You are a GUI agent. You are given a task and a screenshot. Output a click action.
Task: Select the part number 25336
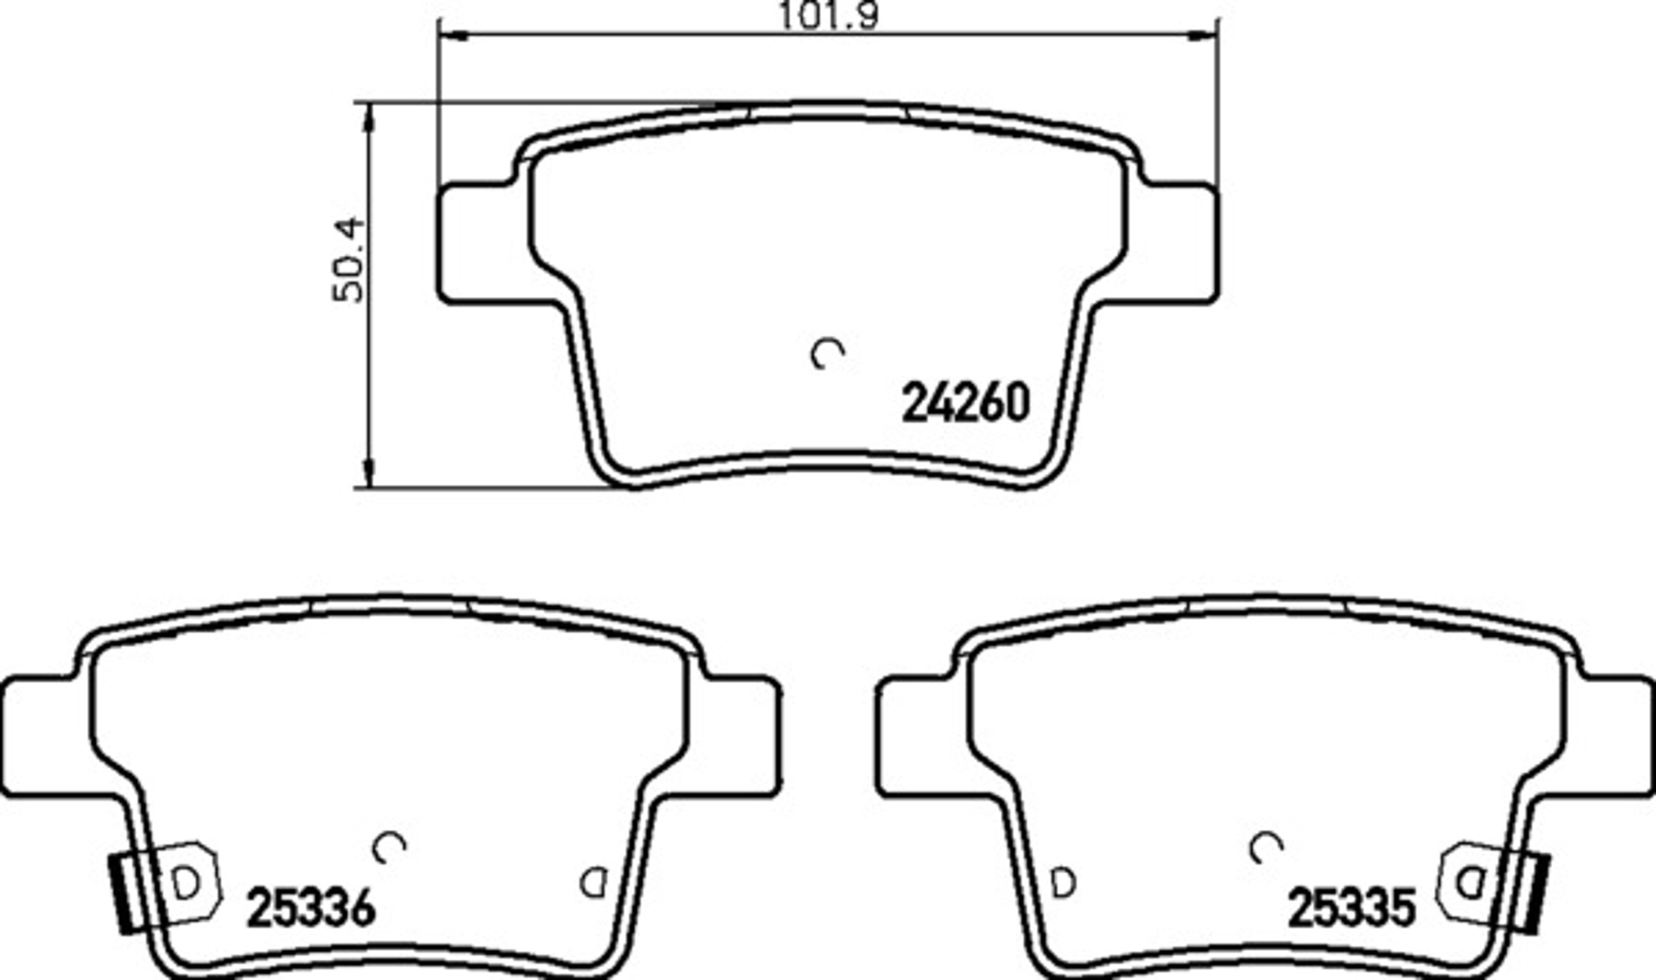[311, 908]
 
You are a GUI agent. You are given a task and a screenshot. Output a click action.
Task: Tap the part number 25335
[1351, 908]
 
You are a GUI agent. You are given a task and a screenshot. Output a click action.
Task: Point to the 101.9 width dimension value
[829, 15]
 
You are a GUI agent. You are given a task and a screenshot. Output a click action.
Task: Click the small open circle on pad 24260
[827, 353]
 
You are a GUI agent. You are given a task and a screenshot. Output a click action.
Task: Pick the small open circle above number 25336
[389, 847]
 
